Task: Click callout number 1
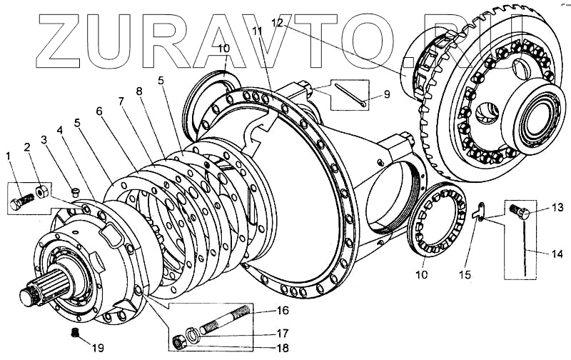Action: (9, 155)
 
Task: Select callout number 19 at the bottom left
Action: (97, 348)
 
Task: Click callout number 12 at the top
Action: (277, 23)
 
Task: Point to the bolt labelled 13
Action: (519, 211)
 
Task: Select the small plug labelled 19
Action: (74, 334)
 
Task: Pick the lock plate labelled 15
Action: (481, 212)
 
